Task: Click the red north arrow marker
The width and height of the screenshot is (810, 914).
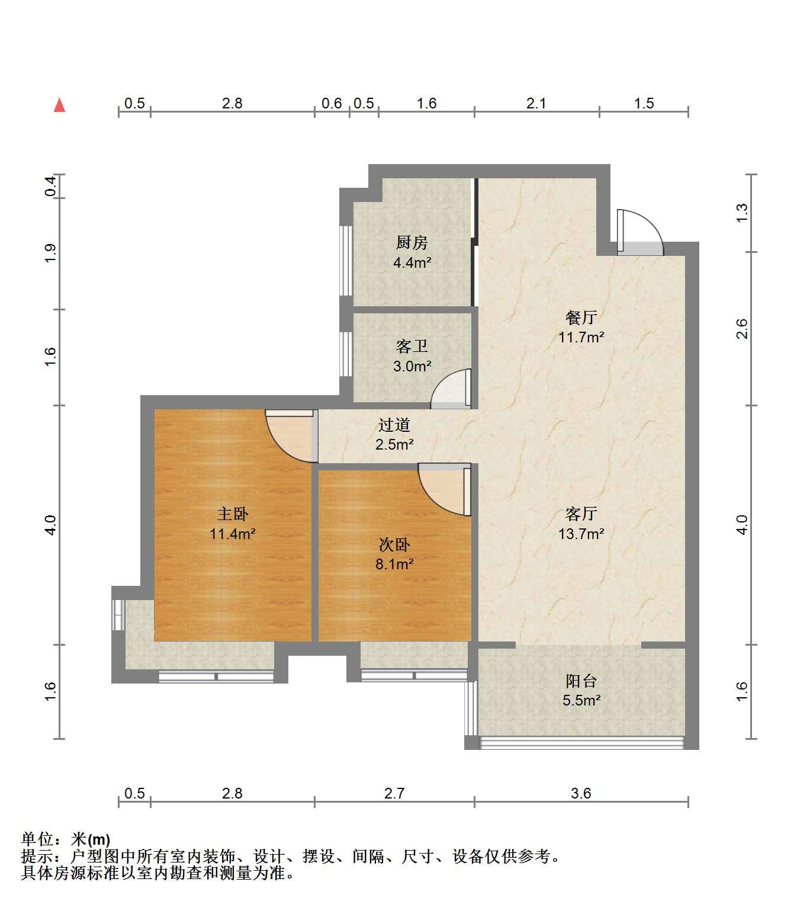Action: click(60, 105)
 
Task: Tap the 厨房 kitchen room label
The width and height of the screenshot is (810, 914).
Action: click(412, 243)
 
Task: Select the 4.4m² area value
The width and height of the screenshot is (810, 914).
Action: click(412, 262)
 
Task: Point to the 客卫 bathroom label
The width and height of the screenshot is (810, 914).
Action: click(412, 347)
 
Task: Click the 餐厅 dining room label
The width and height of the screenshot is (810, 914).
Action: click(581, 318)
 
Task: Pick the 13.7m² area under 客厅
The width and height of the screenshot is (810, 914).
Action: click(581, 534)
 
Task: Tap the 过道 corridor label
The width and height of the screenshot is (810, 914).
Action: click(394, 425)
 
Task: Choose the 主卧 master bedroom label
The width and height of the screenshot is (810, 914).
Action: click(232, 514)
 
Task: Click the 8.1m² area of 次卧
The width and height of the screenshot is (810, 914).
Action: click(394, 564)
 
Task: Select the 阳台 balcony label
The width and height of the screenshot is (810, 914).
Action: click(581, 681)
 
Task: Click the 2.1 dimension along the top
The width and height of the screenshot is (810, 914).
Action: click(536, 104)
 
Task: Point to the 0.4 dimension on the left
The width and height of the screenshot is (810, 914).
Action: click(50, 186)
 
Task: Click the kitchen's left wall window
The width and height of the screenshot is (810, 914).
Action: click(346, 261)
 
